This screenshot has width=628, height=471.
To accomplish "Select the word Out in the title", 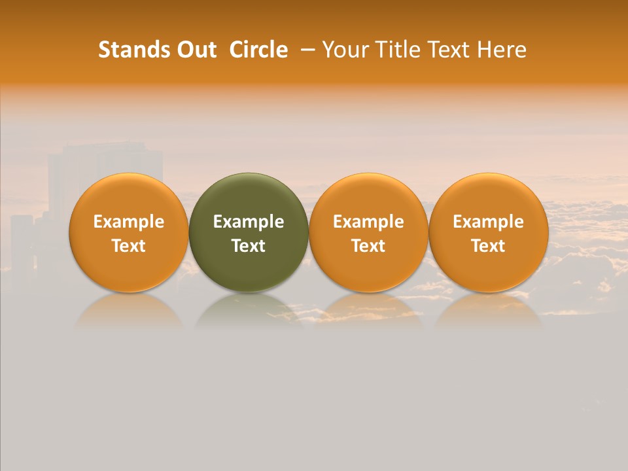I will coord(196,50).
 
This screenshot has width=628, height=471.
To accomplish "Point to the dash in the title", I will coord(308,50).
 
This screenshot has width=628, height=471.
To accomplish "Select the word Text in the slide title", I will coord(448,50).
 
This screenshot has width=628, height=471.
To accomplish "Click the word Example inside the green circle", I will coord(249,222).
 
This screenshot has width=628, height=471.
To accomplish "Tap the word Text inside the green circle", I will coord(249,246).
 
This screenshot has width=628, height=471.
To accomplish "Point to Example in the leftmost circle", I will coord(129,222).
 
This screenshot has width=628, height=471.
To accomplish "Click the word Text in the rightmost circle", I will coord(489,246).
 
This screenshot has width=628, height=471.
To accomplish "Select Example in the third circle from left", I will coord(368,222).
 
